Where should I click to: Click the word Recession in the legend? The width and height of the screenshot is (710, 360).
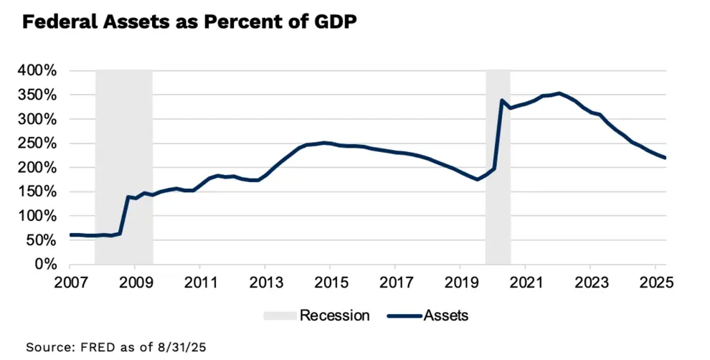click(x=334, y=315)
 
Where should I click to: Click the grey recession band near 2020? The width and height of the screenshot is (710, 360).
click(x=498, y=179)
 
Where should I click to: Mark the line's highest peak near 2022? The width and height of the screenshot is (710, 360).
click(x=559, y=93)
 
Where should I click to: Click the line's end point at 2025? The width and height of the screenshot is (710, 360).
click(x=666, y=158)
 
